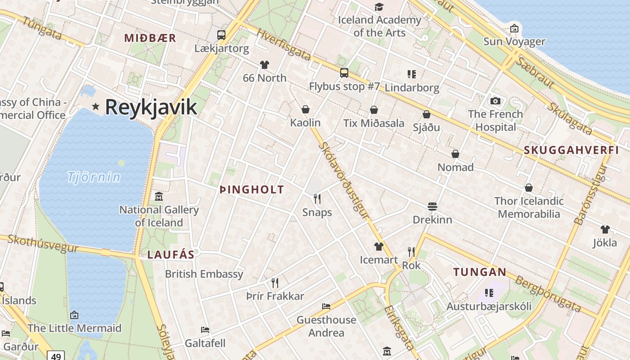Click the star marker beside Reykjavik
[x=95, y=107]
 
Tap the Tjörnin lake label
[x=94, y=177]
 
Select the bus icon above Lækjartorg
[x=221, y=35]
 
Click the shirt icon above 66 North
[x=264, y=65]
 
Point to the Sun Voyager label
[x=514, y=42]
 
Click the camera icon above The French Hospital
[x=495, y=101]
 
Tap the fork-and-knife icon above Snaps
[x=317, y=199]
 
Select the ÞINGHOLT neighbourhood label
[x=252, y=189]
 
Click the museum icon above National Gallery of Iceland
[x=158, y=197]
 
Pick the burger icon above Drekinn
[x=432, y=207]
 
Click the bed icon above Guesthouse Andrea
[x=326, y=306]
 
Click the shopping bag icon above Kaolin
[x=306, y=109]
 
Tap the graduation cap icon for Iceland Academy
[x=379, y=7]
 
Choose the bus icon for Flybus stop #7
[x=344, y=72]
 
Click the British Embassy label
[x=204, y=274]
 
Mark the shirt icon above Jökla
[x=605, y=229]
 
